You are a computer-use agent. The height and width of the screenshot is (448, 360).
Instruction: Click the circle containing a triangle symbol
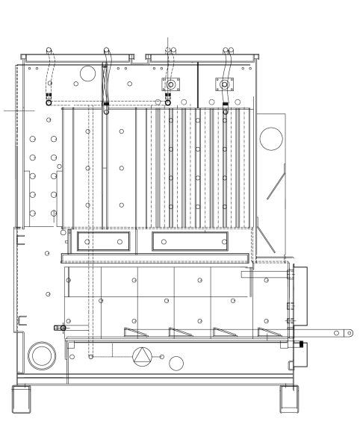click(x=141, y=356)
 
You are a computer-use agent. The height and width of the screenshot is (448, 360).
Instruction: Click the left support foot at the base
click(x=22, y=399)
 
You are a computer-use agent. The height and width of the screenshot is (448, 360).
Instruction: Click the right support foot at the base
click(x=289, y=399)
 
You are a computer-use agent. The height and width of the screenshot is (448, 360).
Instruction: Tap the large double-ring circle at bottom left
click(x=41, y=354)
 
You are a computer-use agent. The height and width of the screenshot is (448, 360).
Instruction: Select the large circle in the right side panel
click(x=271, y=137)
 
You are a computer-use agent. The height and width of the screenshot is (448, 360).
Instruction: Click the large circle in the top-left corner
click(x=87, y=72)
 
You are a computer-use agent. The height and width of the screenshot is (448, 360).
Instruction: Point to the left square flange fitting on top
click(x=171, y=84)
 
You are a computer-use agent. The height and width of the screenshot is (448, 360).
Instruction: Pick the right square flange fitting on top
click(x=224, y=84)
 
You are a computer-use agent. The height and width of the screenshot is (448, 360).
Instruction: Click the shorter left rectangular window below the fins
click(x=103, y=241)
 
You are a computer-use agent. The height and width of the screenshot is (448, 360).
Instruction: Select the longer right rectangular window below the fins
click(x=190, y=241)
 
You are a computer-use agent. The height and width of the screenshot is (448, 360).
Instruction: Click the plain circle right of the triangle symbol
click(x=176, y=364)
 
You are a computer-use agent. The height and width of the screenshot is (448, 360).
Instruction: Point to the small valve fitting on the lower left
click(x=60, y=328)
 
